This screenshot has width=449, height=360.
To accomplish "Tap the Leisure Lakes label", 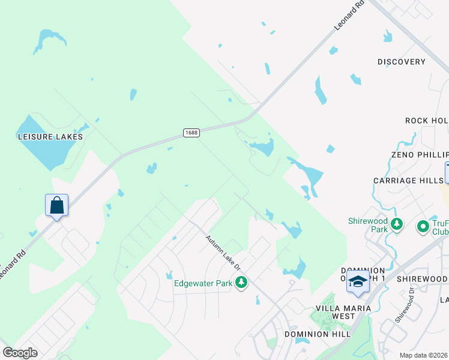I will click(x=50, y=137).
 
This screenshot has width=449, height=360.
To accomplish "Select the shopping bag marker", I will click(x=56, y=206).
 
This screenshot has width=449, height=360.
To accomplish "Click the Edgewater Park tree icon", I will click(x=241, y=282).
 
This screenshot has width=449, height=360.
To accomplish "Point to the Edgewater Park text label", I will click(x=203, y=283).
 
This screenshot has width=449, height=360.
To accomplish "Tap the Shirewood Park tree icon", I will click(x=396, y=224).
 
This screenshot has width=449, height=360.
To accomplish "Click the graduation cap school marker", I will click(x=358, y=281).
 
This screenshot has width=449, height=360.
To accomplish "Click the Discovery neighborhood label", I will click(x=402, y=62).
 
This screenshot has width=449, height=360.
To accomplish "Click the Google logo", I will click(x=20, y=353).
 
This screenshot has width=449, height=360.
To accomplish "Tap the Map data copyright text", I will click(x=423, y=355).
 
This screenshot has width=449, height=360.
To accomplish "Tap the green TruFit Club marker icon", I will click(x=423, y=226).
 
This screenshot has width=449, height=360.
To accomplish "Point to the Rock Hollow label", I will click(x=427, y=121).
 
